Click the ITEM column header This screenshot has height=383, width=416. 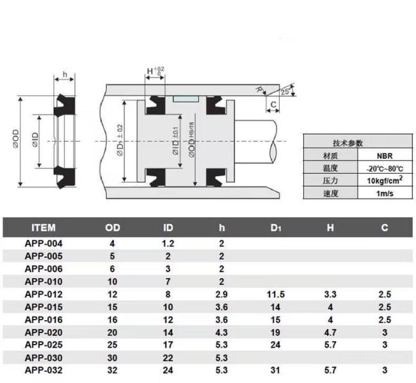[44, 228]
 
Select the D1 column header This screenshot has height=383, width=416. [276, 228]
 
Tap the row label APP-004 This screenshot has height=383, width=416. [44, 243]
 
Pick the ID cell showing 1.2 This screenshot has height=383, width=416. [168, 243]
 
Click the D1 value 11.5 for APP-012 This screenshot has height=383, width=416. [276, 295]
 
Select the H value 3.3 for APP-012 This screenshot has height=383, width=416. [330, 295]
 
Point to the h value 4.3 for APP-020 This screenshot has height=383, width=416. [221, 332]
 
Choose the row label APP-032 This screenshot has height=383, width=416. [44, 370]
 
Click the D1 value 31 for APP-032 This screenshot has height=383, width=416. [275, 370]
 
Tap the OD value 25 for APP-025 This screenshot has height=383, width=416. [112, 345]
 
